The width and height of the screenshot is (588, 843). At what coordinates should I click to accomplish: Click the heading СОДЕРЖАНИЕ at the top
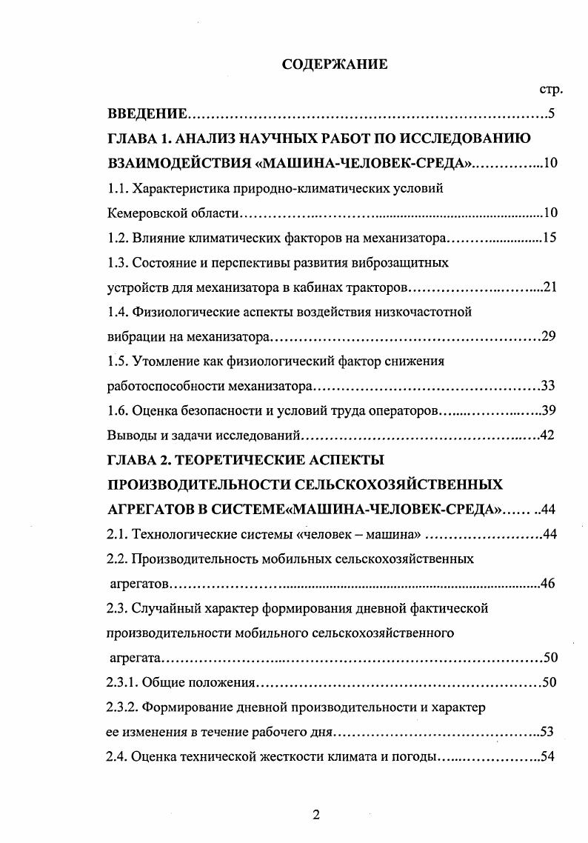click(x=335, y=64)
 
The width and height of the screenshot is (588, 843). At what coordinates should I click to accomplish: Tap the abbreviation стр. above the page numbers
click(x=550, y=90)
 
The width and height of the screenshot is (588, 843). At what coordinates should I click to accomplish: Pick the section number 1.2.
click(x=118, y=238)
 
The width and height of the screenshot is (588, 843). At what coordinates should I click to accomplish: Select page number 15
click(x=549, y=238)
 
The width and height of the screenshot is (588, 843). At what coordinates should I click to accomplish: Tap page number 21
click(x=549, y=287)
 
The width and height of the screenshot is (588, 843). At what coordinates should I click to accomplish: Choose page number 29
click(x=549, y=337)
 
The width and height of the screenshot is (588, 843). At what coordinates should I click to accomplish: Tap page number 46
click(x=549, y=584)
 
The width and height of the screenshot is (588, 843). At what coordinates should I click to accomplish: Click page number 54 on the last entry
click(x=549, y=756)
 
